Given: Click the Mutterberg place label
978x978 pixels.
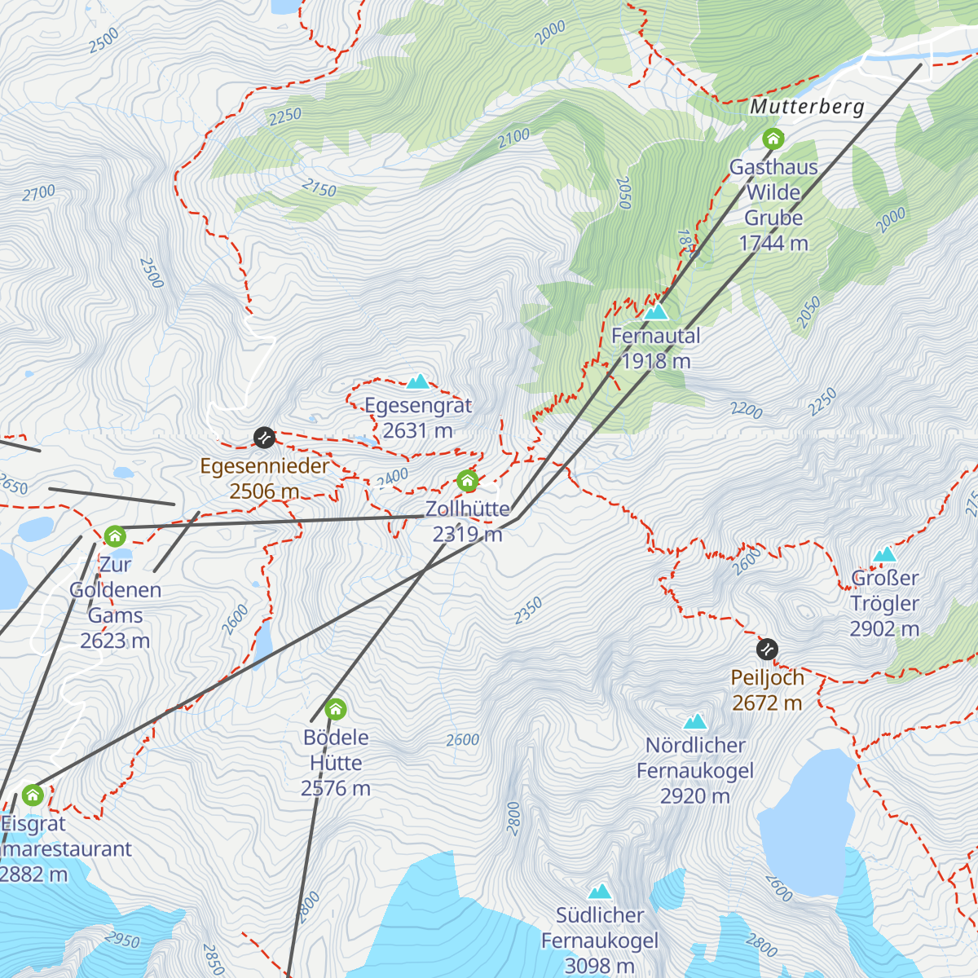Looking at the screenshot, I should pos(807,107).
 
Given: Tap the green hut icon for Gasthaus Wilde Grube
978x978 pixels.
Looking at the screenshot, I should pos(773,139).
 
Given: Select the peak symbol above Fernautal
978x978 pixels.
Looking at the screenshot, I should pos(656,311).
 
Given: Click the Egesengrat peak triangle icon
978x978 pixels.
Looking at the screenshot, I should pos(418,381).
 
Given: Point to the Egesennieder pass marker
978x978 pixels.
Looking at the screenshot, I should pos(264,438).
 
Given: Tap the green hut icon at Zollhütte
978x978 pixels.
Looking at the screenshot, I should pos(467,481).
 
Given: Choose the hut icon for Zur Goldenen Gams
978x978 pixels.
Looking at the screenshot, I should pos(115,536).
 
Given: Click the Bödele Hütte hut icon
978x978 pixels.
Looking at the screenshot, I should pos(336,709).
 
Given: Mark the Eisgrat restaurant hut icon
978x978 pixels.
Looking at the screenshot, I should pos(33,795).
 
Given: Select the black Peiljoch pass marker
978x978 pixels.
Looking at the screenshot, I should pos(767,650).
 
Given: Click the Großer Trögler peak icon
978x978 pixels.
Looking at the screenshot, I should pos(884,555).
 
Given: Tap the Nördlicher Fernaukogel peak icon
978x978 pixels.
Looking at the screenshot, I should pos(695,721).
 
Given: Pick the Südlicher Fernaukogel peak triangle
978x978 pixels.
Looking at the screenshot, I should pos(600,892).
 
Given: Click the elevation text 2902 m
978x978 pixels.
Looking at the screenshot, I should pos(884,629).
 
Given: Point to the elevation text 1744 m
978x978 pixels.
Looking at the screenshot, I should pos(773,243).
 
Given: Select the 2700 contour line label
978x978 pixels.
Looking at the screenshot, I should pos(38,193).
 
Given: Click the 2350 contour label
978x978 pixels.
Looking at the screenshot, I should pos(528,611).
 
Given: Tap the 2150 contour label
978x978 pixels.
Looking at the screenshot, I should pos(319,188).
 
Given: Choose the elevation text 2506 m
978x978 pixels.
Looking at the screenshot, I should pos(264,491).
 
